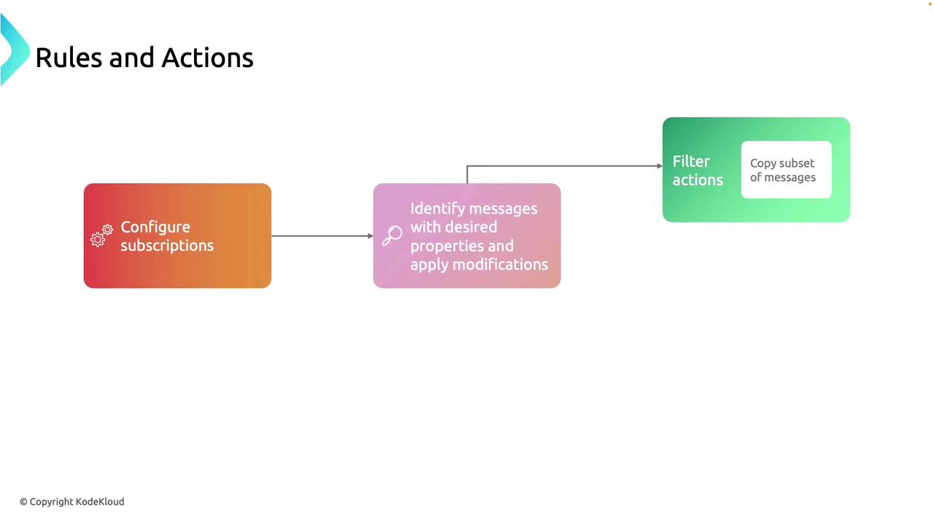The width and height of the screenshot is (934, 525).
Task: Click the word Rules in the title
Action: coord(69,58)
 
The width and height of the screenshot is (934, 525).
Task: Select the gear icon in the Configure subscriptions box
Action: coord(101,236)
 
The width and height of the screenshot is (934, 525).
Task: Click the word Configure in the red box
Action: coord(155,227)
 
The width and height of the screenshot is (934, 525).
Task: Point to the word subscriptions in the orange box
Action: coord(167,246)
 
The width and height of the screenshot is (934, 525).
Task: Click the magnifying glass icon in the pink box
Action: coord(392,236)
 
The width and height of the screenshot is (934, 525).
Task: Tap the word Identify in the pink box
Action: coord(437,209)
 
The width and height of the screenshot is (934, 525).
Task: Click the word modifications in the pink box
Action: coord(503,264)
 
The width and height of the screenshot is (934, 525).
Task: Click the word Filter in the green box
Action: coord(691,162)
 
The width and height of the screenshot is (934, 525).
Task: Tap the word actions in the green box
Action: coord(698,180)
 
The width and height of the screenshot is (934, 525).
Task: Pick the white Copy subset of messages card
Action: coord(786,170)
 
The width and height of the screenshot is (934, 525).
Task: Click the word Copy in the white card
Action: coord(763,163)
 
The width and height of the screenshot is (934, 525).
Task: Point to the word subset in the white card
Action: coord(797,163)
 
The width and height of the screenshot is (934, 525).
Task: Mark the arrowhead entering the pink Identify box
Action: coord(370,236)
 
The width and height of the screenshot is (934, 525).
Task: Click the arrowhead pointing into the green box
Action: coord(659,166)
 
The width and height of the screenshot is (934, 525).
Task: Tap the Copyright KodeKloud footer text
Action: coord(72,502)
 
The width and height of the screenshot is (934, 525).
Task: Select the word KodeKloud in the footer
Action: coord(100,502)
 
